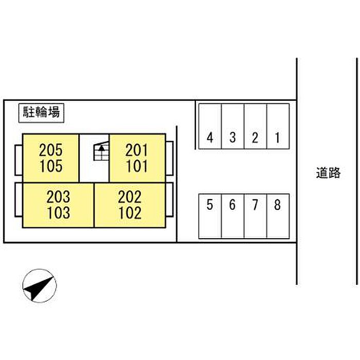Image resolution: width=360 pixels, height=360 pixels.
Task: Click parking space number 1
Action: pos(278,127)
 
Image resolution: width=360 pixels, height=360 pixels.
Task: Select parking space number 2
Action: pos(256,127)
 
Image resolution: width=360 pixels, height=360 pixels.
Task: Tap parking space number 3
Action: pos(233,127)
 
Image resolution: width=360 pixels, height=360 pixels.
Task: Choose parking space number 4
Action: pos(210,127)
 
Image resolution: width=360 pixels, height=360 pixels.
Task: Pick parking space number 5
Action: pos(210,216)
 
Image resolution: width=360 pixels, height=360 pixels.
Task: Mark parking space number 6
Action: pos(233,216)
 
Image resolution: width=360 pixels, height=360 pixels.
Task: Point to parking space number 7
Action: pos(256,216)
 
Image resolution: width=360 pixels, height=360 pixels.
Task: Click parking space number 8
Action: pos(278,216)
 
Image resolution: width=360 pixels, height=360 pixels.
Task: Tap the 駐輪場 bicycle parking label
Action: pos(41,113)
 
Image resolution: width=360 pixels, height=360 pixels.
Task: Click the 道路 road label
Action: pos(328,173)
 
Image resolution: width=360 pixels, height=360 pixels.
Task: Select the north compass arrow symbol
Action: pos(40,286)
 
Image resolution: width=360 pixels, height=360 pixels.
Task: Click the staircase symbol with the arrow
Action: pos(101,151)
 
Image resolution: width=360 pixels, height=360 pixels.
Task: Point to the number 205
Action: pos(51,150)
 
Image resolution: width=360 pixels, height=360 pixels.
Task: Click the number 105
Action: pos(51,166)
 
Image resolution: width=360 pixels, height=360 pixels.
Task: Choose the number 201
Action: pos(137,150)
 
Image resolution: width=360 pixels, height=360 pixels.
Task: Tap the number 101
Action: pos(137,166)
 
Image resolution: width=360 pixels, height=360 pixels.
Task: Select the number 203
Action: pos(58,197)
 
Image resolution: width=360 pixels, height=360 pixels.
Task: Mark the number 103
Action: pos(59,213)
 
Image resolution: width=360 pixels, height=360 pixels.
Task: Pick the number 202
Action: pos(130,197)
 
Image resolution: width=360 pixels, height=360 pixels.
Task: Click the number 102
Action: pos(130,213)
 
